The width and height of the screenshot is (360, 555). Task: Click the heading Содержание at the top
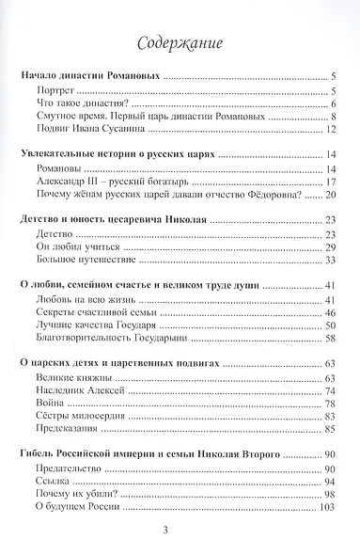[179, 42]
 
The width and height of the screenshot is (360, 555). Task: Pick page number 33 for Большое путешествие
[330, 260]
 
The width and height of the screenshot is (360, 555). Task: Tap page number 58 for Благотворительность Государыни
[330, 338]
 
